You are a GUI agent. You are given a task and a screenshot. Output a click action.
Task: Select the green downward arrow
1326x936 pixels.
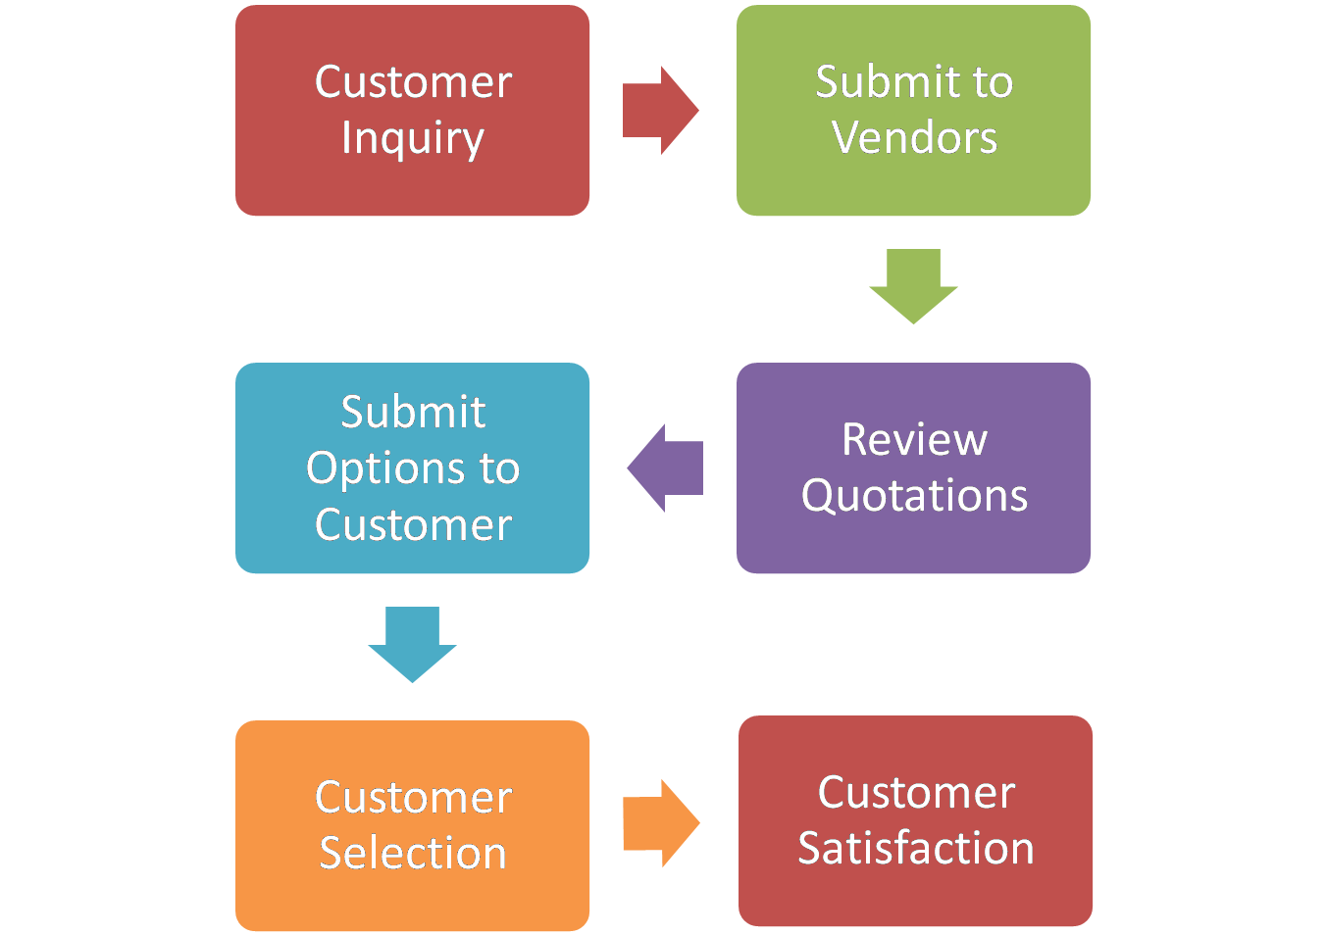(913, 285)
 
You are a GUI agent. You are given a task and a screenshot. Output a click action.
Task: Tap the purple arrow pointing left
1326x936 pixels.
(666, 468)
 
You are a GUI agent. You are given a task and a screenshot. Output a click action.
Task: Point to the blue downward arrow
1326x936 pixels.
(412, 643)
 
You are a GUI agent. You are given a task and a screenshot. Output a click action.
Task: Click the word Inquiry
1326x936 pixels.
(413, 138)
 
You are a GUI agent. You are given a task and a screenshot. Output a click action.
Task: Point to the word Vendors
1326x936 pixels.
(914, 137)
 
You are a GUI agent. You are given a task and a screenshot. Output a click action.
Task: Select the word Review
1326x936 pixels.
(914, 439)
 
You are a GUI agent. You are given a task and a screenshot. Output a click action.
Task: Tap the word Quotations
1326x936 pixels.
(914, 496)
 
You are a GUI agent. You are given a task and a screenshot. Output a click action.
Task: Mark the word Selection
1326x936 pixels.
(413, 853)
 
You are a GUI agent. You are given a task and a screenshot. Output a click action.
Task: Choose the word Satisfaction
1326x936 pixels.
(915, 848)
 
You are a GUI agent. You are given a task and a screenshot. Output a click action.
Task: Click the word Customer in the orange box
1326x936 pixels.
(413, 797)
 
